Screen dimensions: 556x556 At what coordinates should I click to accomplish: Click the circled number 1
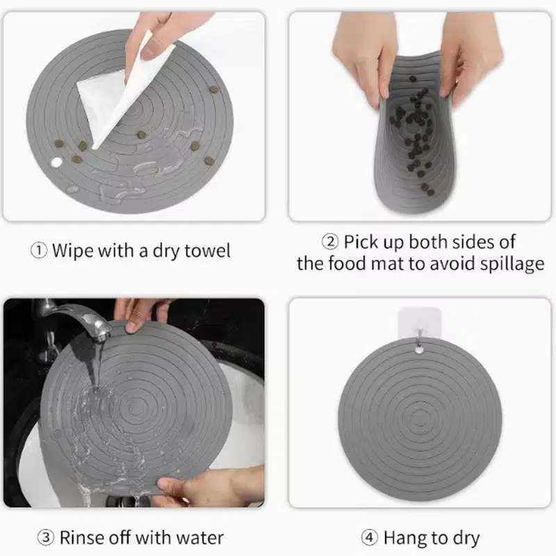[39, 251]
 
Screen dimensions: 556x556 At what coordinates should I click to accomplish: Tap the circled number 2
[329, 242]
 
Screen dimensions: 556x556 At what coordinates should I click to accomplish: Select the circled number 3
[46, 537]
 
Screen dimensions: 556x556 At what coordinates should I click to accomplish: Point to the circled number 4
[370, 537]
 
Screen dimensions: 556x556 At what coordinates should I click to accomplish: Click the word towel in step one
[207, 250]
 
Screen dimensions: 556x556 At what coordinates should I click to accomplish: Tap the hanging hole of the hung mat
[419, 350]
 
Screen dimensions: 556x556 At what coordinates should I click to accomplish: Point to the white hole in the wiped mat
[56, 162]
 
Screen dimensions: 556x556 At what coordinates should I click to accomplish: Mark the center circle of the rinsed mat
[136, 409]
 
